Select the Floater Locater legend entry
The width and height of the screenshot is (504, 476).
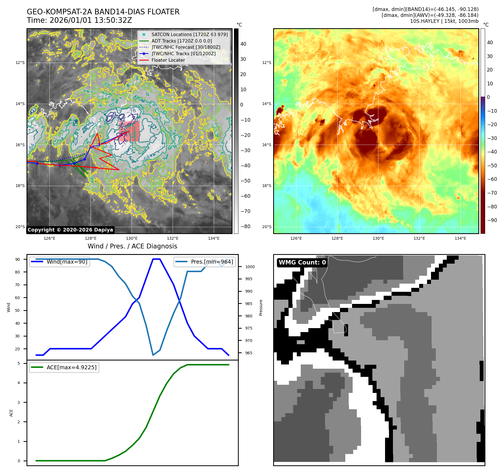pos(168,60)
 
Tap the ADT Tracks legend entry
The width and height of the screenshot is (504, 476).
pos(182,41)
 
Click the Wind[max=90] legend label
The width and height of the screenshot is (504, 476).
pos(67,262)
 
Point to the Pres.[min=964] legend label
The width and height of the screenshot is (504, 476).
pos(212,262)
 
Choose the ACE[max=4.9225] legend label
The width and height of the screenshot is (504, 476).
pos(71,367)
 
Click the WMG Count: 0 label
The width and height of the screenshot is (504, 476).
pos(302,263)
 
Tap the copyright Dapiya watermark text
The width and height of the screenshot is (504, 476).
pos(70,230)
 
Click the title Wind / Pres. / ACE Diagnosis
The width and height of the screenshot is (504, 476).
pos(132,246)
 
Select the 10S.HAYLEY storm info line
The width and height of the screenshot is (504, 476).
pos(444,21)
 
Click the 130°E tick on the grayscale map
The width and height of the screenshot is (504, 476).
pos(132,239)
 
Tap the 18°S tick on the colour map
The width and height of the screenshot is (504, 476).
pos(266,186)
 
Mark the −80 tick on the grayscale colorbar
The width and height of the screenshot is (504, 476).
pos(245,226)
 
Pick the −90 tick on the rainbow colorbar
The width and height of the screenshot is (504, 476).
pos(492,220)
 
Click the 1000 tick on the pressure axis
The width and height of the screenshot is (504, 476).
pos(250,267)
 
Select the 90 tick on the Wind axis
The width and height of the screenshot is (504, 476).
pos(18,259)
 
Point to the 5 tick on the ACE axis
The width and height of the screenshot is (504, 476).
pos(19,363)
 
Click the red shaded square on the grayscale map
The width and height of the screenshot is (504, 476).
pos(129,131)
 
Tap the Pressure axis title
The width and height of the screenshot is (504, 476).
pos(261,308)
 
